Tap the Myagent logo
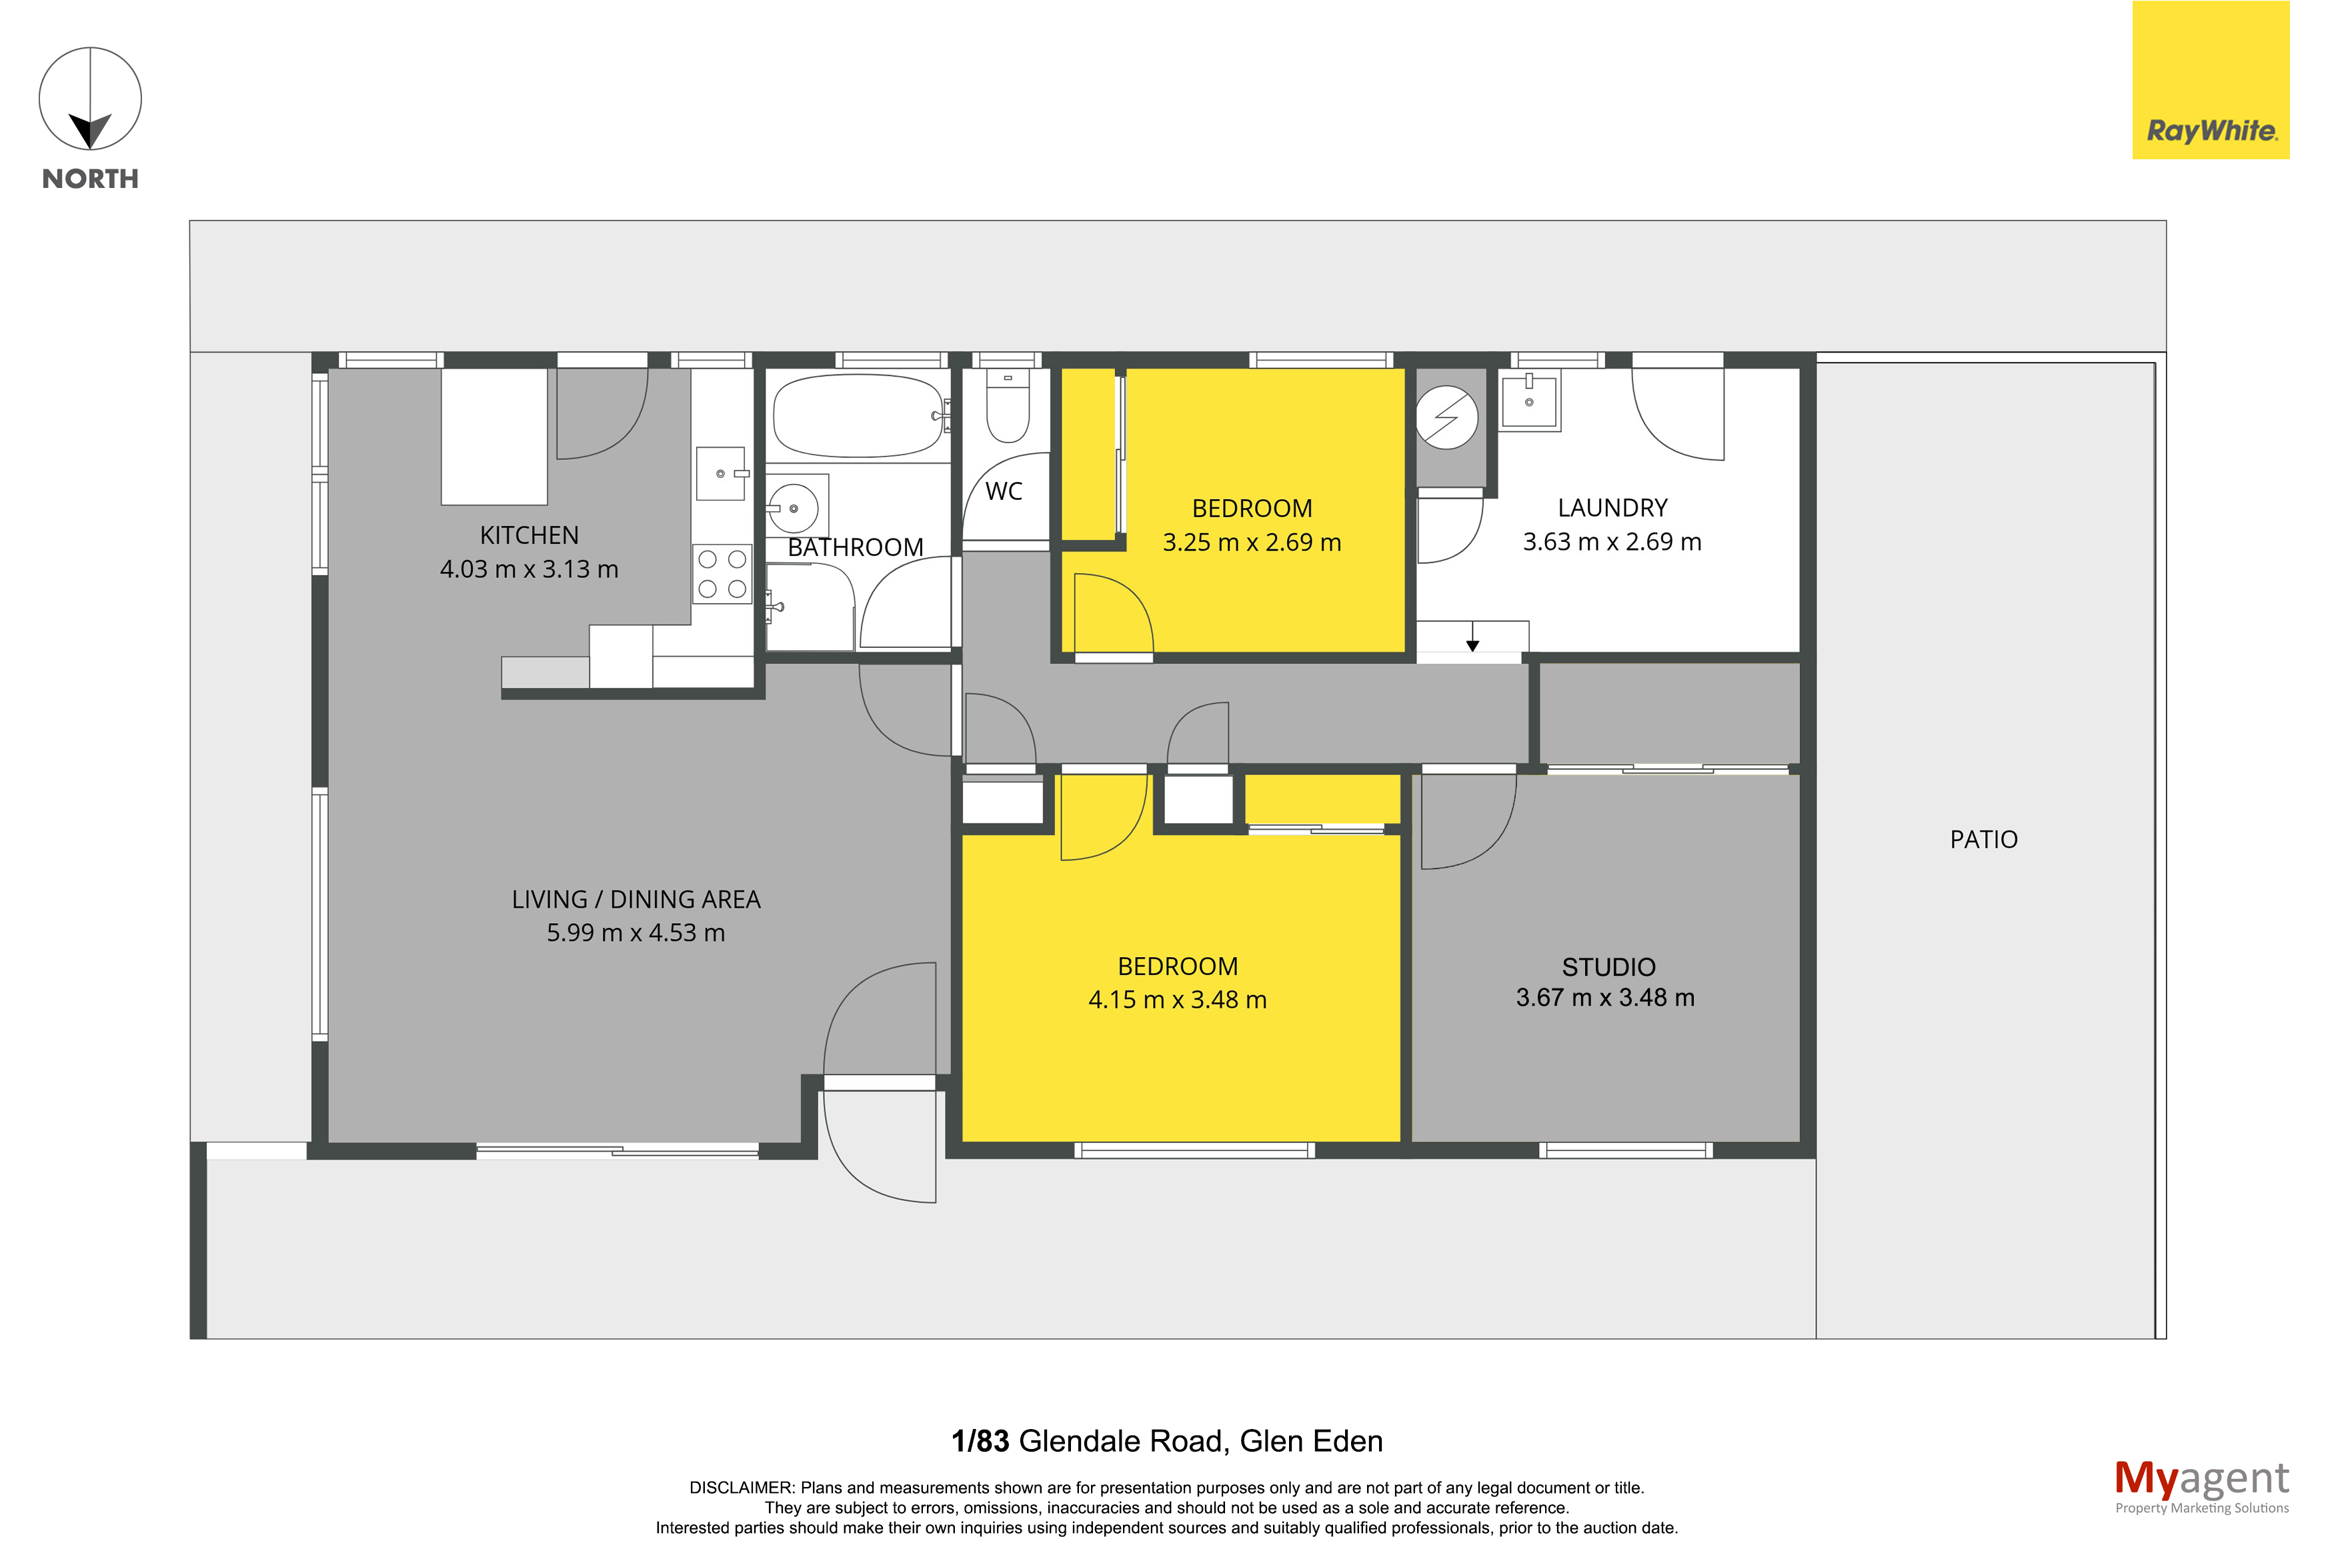click(x=2201, y=1486)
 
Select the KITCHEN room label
click(x=529, y=535)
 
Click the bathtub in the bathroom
click(x=858, y=415)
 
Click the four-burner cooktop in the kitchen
click(x=722, y=573)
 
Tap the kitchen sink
click(x=720, y=473)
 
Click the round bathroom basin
click(x=794, y=509)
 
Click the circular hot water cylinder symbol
click(x=1446, y=417)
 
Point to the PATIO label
click(x=1983, y=840)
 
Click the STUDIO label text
click(x=1608, y=967)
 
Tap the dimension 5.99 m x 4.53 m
click(x=636, y=933)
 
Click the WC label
click(x=1004, y=491)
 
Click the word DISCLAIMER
click(x=740, y=1488)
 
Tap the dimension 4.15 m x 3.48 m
click(x=1178, y=1000)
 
